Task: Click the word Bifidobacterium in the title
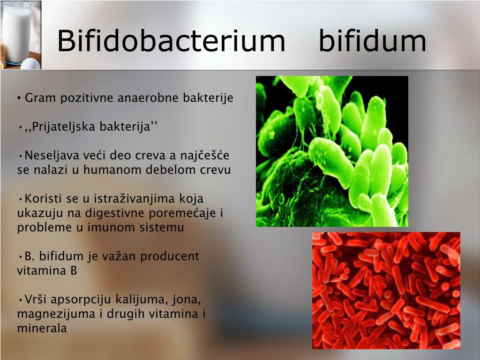[171, 40]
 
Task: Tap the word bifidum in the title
[373, 40]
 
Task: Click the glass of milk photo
[21, 35]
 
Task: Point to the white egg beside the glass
[30, 64]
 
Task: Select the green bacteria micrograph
[332, 151]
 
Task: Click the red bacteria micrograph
[386, 291]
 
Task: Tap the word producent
[170, 256]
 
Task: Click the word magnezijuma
[56, 314]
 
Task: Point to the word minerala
[42, 329]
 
